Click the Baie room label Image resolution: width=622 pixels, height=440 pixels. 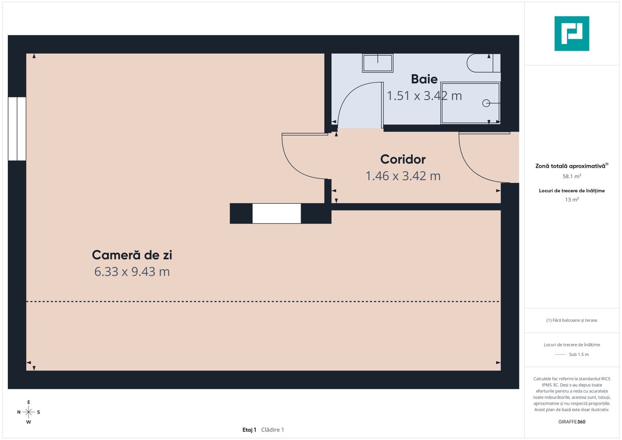pos(424,79)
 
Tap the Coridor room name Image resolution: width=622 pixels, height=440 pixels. pos(402,159)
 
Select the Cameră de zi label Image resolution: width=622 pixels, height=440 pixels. pos(132,255)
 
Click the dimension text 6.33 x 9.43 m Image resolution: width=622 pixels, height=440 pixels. pos(132,272)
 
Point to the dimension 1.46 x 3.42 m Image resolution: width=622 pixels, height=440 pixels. pos(403,176)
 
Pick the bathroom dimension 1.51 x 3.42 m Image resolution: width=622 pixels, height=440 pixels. pos(424,96)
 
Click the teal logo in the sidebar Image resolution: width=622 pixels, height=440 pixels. pos(572,33)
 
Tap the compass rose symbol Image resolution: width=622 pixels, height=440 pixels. pos(29,412)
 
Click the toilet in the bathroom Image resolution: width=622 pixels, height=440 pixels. pos(484,63)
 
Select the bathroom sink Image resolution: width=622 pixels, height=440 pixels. pos(378,63)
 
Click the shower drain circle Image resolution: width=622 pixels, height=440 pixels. pos(486,103)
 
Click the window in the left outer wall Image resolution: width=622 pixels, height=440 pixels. pos(17,129)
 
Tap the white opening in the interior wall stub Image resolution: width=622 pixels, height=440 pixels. pos(277,213)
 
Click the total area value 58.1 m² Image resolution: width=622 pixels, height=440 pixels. pos(572,176)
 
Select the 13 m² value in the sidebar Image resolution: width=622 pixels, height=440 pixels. pos(572,200)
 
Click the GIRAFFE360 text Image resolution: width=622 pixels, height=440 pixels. pos(572,422)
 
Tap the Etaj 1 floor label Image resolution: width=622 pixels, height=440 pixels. pos(249,430)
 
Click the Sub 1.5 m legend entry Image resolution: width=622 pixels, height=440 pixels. pos(579,354)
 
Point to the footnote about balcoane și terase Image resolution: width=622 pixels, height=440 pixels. pos(572,320)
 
